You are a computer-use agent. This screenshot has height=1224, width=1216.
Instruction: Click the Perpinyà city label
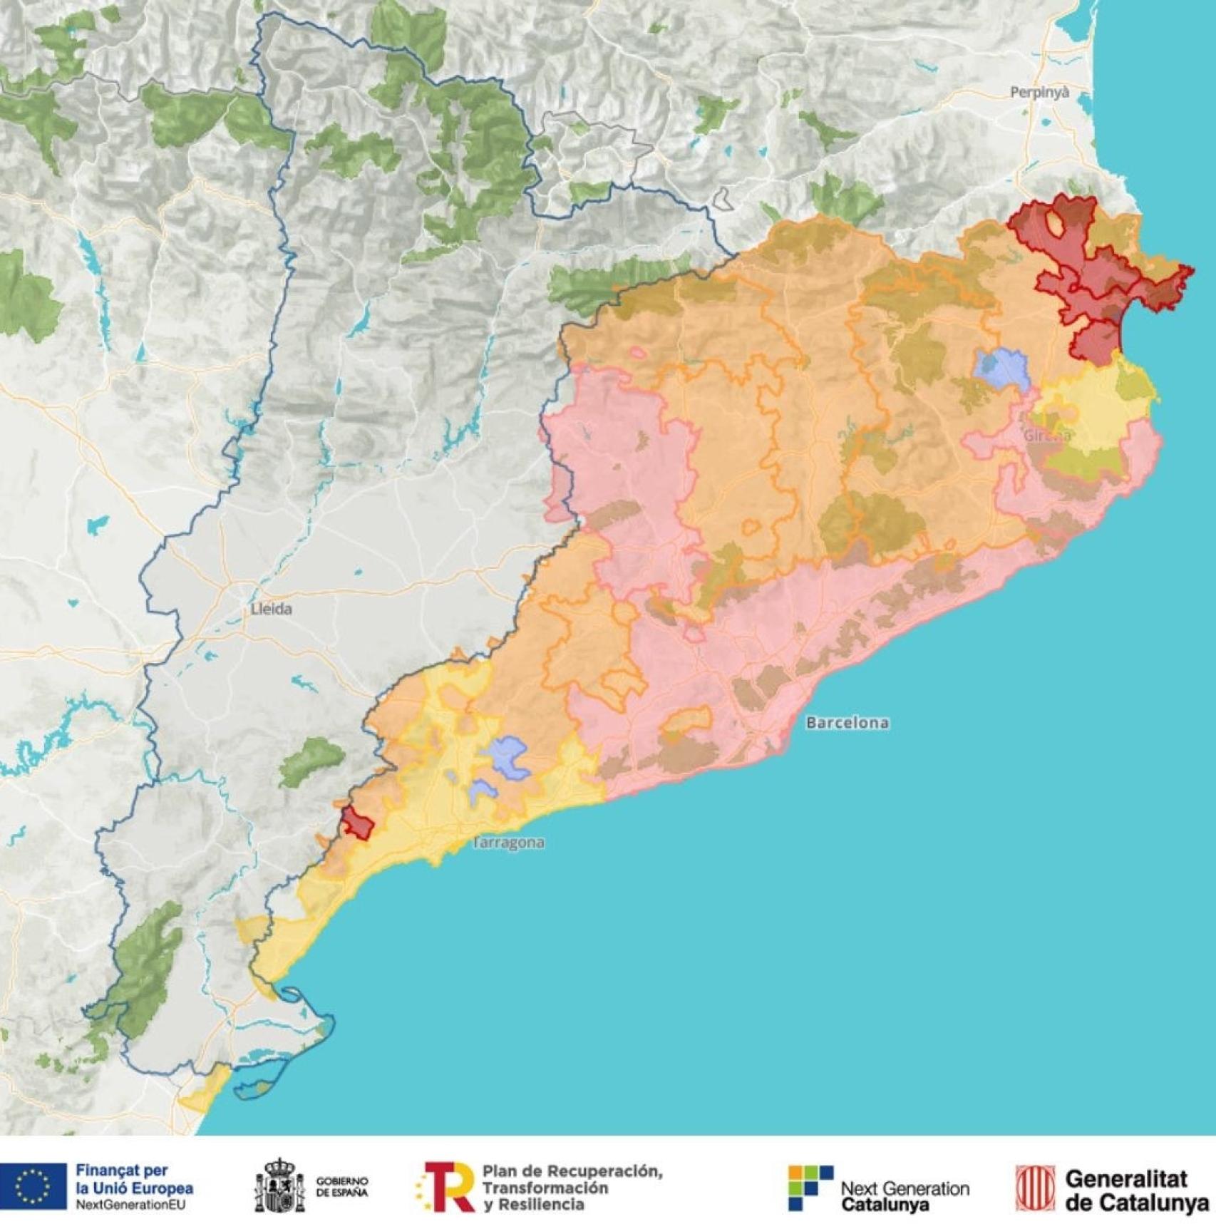pos(1039,92)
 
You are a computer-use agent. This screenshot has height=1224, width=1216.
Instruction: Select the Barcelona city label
pos(847,723)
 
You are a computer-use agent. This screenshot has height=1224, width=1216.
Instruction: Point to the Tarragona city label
pos(509,843)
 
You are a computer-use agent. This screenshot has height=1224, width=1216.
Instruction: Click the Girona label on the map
pos(1046,435)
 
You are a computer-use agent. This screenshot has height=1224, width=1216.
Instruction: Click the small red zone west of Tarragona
pos(358,823)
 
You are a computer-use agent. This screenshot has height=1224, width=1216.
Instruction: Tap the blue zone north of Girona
pos(1002,368)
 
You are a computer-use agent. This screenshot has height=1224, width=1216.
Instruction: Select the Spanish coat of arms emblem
pos(279,1187)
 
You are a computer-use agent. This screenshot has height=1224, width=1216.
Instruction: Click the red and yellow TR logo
pos(445,1187)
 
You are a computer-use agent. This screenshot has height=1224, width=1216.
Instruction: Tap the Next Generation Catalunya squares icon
pos(810,1187)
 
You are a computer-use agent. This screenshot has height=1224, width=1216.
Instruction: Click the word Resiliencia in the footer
pos(548,1205)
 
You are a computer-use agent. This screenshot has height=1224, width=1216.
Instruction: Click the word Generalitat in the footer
pos(1127,1179)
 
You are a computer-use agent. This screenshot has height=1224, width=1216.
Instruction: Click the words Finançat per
pos(121,1171)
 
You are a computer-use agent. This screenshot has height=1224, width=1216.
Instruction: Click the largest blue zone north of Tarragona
pos(507,756)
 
